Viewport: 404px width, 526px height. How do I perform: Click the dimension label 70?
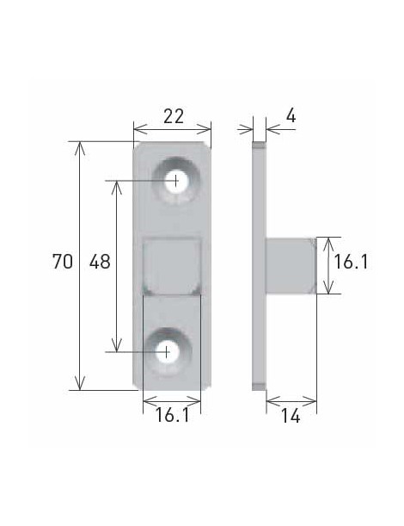61,263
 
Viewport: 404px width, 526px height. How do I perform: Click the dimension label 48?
100,263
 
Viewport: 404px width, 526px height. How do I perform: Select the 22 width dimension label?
173,116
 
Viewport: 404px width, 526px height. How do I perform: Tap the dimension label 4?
291,115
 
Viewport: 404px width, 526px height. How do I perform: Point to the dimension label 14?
291,417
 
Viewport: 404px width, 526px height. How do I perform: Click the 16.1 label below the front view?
172,416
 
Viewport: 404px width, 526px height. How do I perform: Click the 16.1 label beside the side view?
351,263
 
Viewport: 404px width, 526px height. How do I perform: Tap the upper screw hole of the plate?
175,181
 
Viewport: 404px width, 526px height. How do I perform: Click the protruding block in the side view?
292,266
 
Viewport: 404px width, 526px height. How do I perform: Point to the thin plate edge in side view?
260,267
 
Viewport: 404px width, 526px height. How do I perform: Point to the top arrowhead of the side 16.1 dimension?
326,242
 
